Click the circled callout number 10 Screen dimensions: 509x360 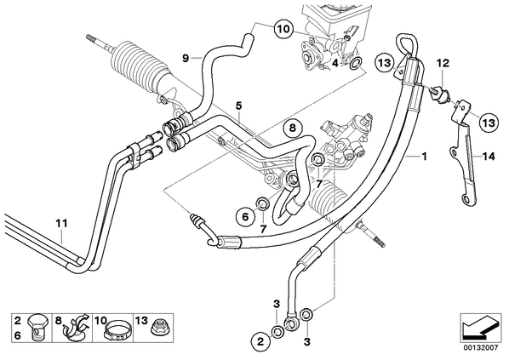(x=283, y=29)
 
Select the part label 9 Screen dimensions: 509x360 (x=186, y=59)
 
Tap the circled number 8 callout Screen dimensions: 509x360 (x=293, y=128)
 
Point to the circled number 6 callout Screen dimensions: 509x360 (x=245, y=216)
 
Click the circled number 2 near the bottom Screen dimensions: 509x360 (x=260, y=340)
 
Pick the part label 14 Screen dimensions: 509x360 (x=489, y=157)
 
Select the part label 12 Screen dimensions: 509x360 (x=443, y=63)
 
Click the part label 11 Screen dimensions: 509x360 (x=61, y=223)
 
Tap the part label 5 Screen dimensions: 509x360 (x=238, y=106)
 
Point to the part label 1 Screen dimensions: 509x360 (x=424, y=157)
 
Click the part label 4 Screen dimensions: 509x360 (x=335, y=63)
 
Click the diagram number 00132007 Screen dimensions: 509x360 (x=480, y=348)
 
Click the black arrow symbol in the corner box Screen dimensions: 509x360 (x=480, y=328)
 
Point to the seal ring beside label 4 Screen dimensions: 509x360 (x=355, y=63)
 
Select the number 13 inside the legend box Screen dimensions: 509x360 (x=141, y=321)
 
